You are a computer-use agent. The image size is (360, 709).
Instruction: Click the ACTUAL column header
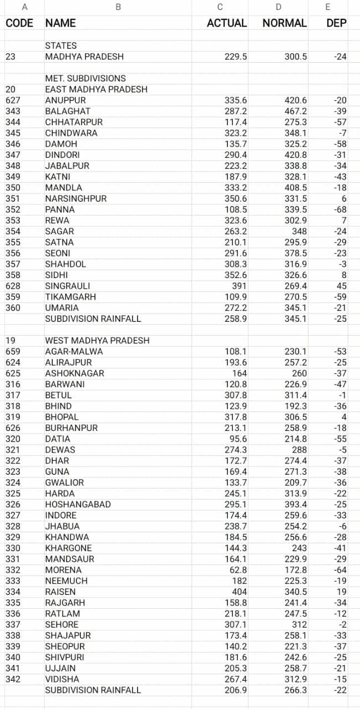tap(227, 23)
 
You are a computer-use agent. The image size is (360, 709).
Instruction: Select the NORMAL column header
tap(284, 23)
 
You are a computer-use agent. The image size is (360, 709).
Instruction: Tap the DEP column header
tap(337, 23)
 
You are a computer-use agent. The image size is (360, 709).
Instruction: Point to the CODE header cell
tap(19, 23)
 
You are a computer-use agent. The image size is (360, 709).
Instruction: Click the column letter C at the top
tap(220, 7)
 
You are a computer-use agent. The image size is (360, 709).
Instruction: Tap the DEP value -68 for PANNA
tap(341, 209)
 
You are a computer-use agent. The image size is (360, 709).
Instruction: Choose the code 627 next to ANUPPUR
tap(13, 100)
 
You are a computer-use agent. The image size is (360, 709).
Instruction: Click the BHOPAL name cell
tap(61, 417)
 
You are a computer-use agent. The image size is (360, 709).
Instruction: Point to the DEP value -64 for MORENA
tap(341, 570)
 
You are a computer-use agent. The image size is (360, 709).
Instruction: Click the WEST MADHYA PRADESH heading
tap(97, 340)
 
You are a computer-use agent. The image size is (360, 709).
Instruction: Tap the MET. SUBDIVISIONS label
tap(85, 78)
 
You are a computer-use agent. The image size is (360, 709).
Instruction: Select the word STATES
tap(61, 45)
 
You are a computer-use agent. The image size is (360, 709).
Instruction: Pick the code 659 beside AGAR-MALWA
tap(13, 351)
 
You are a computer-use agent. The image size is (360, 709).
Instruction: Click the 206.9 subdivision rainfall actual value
tap(236, 690)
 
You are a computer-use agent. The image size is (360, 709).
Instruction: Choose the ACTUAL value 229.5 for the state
tap(236, 56)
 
